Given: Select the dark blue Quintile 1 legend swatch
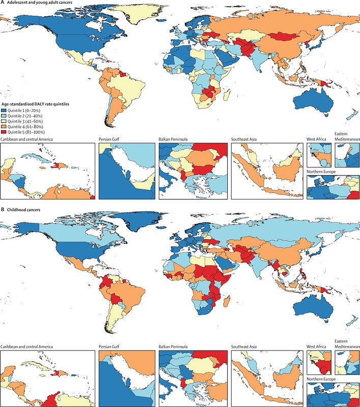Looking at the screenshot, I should point(4,109).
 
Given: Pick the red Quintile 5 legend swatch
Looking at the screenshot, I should point(4,131).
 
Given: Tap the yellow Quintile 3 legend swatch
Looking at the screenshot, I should point(4,121).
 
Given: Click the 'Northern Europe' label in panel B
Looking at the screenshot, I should point(323,379).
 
